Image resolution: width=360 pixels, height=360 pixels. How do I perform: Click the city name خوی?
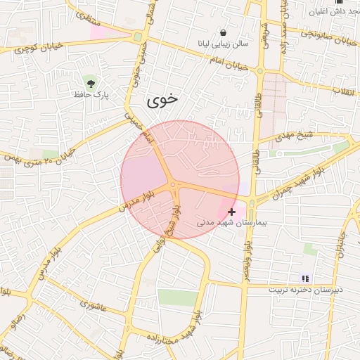162,101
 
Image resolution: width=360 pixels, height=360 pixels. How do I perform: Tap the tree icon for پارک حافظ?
90,81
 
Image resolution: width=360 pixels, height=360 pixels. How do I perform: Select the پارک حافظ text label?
91,94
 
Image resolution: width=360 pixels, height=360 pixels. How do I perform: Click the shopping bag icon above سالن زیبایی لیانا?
223,32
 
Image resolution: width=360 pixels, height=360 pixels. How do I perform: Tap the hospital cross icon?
231,211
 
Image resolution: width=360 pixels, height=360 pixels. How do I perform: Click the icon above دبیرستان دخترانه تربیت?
304,278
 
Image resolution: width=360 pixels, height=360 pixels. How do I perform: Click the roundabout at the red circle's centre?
173,184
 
